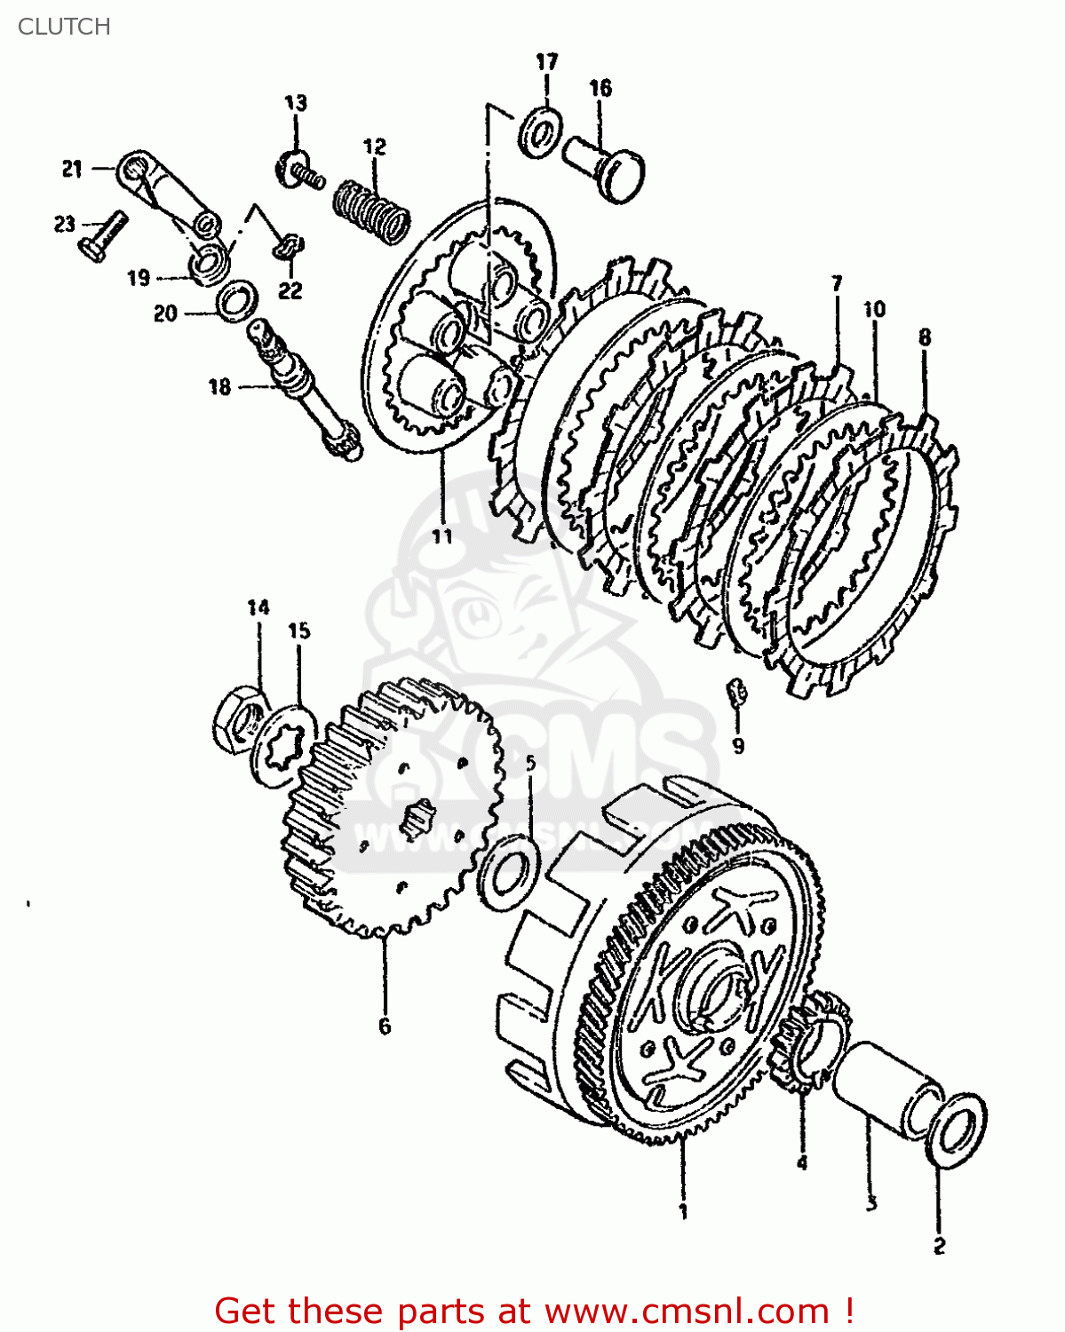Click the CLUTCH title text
(64, 27)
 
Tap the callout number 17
(547, 61)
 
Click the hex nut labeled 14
(237, 719)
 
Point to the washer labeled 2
(958, 1130)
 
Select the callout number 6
(385, 1026)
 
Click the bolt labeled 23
(101, 236)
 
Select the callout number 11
(442, 535)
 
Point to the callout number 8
(925, 337)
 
